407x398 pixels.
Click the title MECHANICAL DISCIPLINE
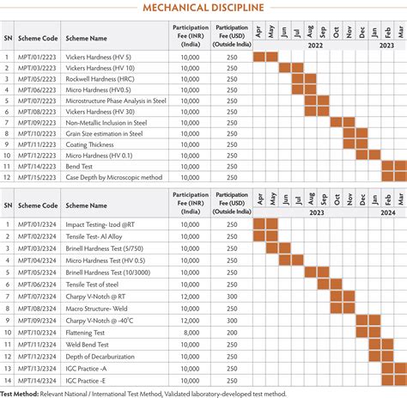click(x=203, y=9)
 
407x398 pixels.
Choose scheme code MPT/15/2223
click(x=38, y=176)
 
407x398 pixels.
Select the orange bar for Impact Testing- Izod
click(x=266, y=224)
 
